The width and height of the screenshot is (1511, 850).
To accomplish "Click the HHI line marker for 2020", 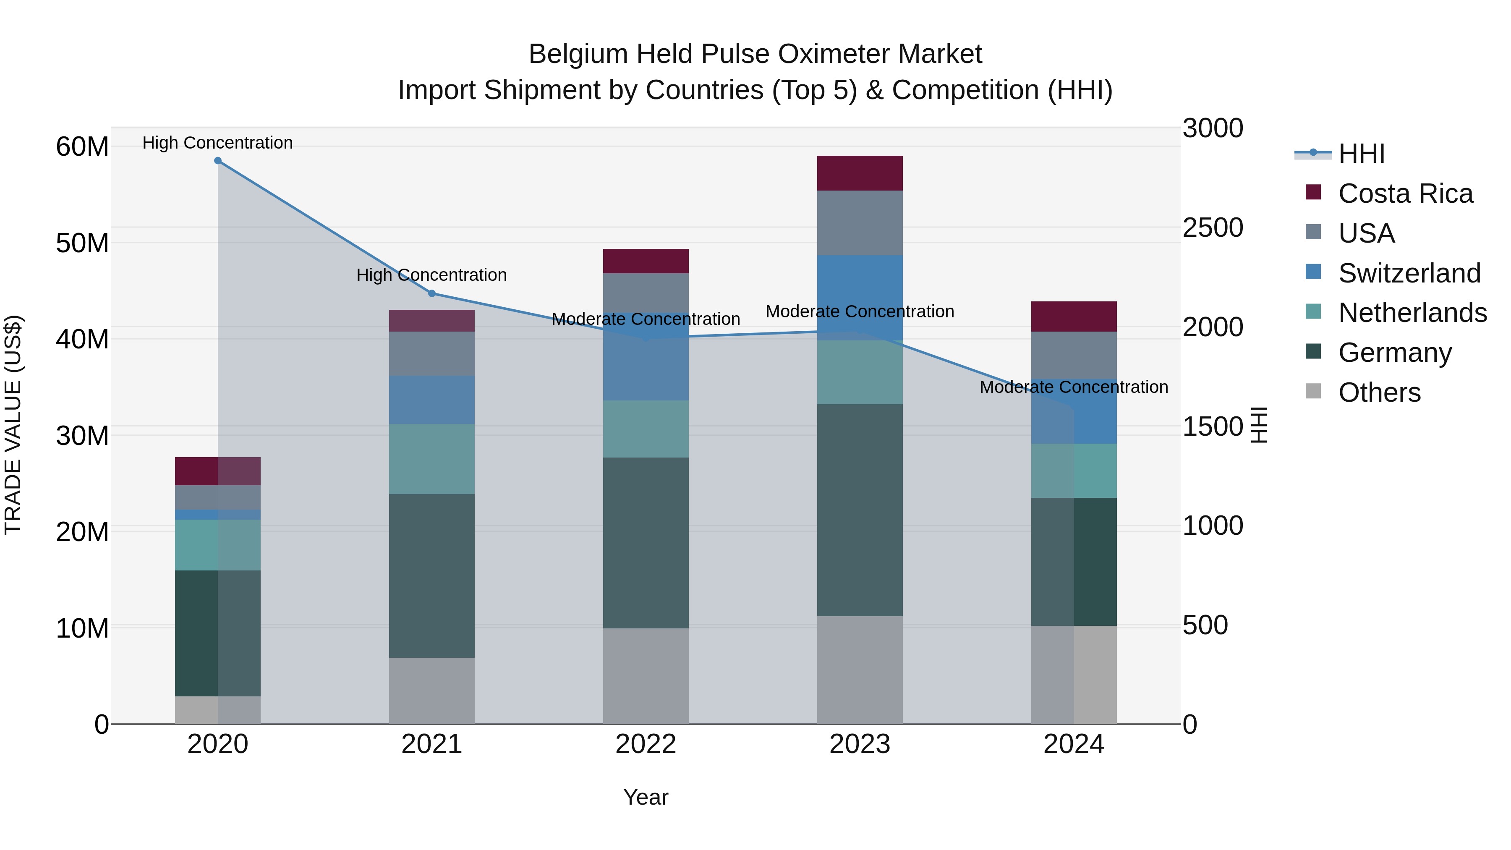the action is (x=217, y=161).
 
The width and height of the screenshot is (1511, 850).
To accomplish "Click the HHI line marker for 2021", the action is (x=432, y=293).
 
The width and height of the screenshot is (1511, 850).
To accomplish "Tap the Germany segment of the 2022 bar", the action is (x=646, y=543).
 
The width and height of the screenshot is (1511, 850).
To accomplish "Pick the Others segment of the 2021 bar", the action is (x=432, y=690).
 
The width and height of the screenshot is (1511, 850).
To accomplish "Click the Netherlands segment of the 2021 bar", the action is (x=432, y=459).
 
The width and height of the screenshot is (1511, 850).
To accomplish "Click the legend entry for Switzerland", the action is (x=1409, y=273).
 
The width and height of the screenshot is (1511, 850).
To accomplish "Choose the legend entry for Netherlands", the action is (x=1412, y=313).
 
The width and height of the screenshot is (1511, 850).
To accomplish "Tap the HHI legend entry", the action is (x=1361, y=154).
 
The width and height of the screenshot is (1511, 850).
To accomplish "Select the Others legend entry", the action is (x=1379, y=392).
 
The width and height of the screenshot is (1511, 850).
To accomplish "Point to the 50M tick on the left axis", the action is (x=82, y=243).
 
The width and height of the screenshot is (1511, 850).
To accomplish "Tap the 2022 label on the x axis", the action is (x=646, y=744).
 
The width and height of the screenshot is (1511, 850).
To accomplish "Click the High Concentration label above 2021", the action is (x=432, y=275).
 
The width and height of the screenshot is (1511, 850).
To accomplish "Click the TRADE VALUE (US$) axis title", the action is (x=13, y=425).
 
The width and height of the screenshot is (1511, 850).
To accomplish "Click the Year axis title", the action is (x=646, y=797).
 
